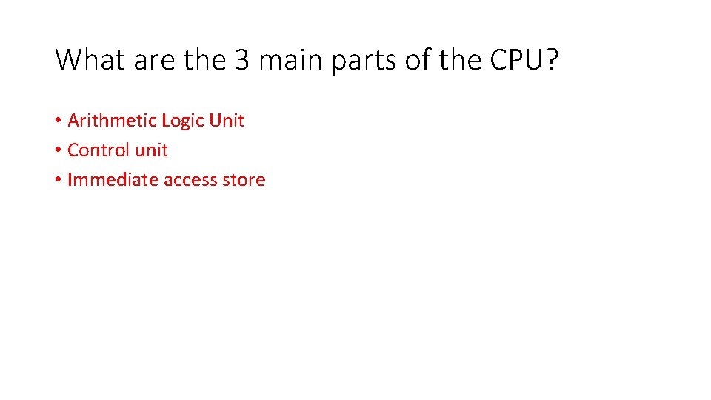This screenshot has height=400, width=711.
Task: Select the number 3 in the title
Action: [242, 60]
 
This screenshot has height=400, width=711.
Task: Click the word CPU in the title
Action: [515, 60]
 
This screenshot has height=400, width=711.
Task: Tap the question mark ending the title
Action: [552, 60]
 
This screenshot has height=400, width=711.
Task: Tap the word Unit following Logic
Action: [227, 120]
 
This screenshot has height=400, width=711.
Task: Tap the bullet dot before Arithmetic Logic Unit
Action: [58, 121]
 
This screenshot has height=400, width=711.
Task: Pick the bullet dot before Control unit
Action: [58, 150]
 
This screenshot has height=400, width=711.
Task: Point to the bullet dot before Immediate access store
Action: [58, 180]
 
